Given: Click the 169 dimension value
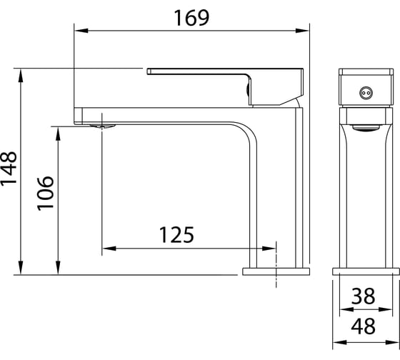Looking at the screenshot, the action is pos(191,18).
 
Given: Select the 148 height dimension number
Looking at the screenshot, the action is pos(9,168).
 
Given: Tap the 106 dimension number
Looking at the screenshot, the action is pos(46,193).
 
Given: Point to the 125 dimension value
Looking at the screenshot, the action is pos(176,234).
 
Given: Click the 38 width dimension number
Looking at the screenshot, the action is pos(363,296).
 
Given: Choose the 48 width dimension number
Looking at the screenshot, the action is pos(363,326).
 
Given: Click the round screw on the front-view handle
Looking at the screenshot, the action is pos(366,93).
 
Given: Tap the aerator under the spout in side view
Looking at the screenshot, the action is pos(103,126).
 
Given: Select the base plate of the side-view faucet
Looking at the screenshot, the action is pos(276,271).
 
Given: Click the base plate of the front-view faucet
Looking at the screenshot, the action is pos(366,271).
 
